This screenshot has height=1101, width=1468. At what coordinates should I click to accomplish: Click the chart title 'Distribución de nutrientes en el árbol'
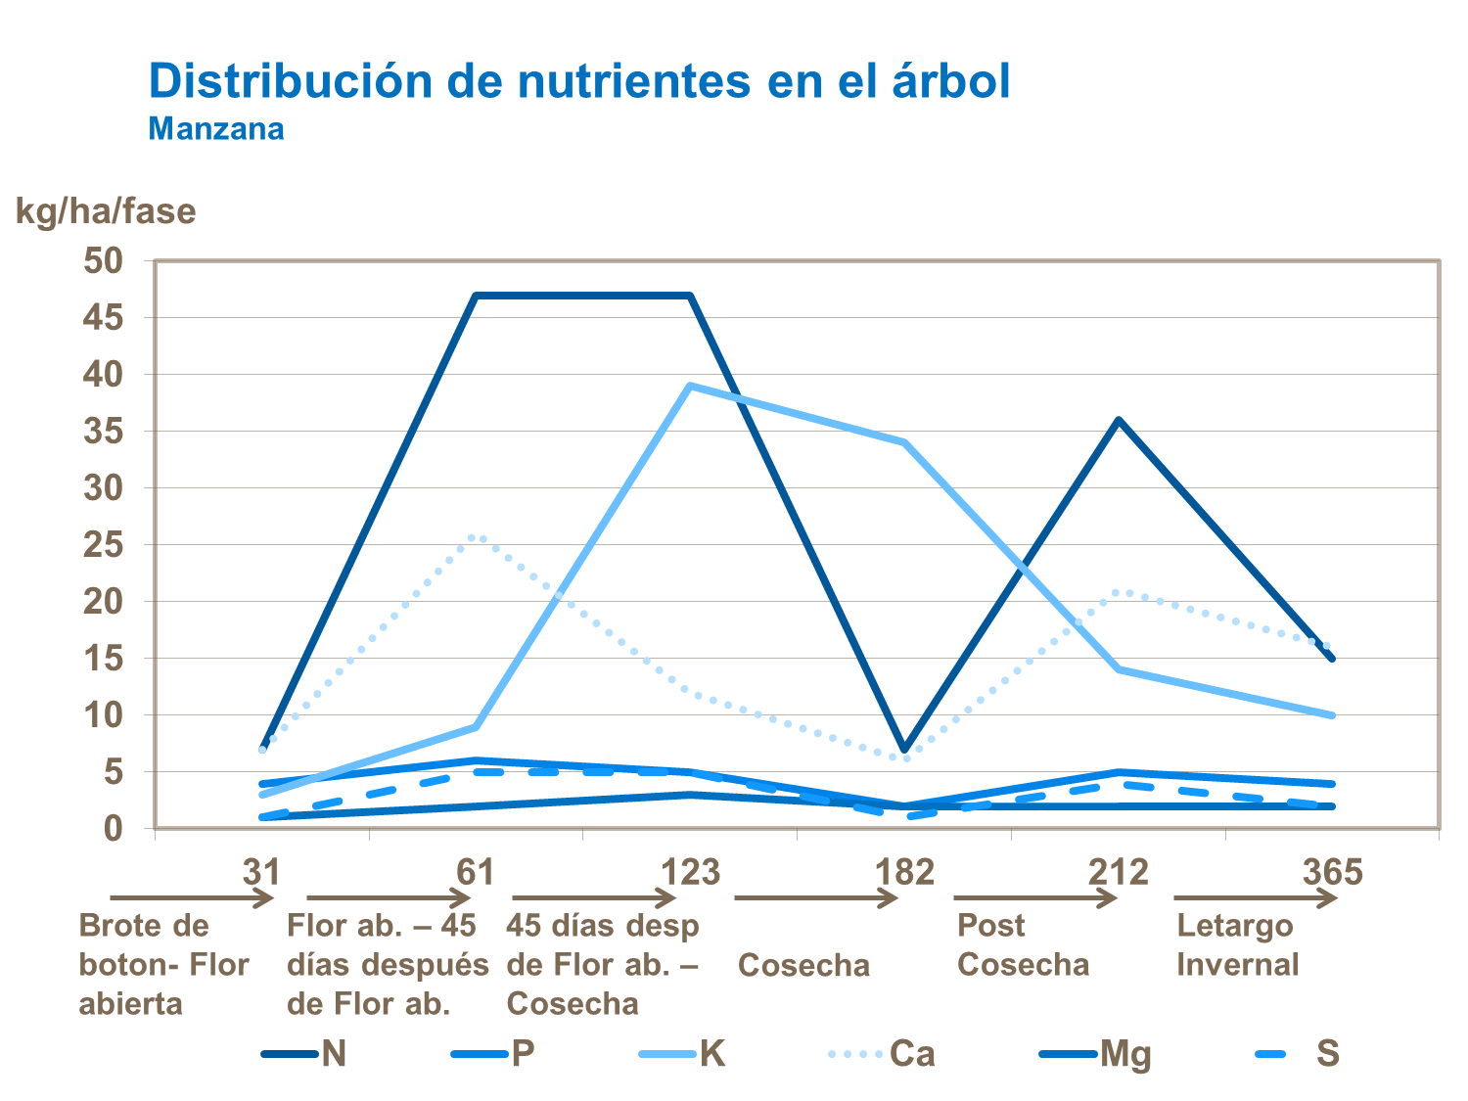click(578, 81)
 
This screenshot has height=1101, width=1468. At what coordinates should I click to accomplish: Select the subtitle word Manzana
click(216, 129)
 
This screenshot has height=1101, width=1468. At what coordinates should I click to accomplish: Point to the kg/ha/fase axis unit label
click(106, 211)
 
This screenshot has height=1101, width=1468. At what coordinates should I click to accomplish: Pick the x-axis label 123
click(690, 871)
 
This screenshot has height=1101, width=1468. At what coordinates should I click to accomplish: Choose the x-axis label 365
click(1332, 871)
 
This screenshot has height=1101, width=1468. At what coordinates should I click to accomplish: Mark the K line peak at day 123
click(690, 386)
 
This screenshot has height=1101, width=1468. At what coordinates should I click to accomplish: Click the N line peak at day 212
click(1119, 420)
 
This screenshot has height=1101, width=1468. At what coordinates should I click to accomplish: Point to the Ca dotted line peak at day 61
click(477, 535)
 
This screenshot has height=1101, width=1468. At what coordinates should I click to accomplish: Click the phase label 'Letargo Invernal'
click(1237, 945)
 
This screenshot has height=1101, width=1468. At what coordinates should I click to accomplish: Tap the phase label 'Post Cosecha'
click(1023, 945)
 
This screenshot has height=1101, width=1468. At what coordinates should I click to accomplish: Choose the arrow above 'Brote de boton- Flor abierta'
click(191, 897)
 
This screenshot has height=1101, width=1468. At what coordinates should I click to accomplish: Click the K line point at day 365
click(1332, 715)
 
